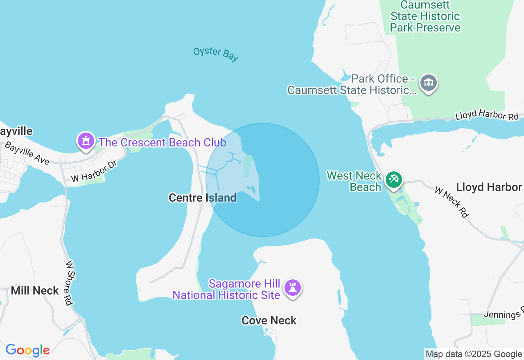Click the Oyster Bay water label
tap(216, 54)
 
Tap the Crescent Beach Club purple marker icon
tap(86, 141)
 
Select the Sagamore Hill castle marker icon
tap(292, 288)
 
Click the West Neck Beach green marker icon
tap(393, 180)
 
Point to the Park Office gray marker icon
tap(429, 83)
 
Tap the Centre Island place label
tap(203, 198)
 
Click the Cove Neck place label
tap(269, 320)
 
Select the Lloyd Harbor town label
tap(489, 187)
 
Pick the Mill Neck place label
tap(35, 291)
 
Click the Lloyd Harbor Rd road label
tap(487, 116)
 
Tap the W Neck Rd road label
tap(452, 202)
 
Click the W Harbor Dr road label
tap(94, 172)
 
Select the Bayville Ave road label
tap(27, 153)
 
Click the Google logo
tap(27, 350)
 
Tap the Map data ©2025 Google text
tap(474, 354)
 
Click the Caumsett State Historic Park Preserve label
tap(425, 16)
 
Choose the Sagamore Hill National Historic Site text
tap(226, 289)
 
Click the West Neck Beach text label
tap(354, 181)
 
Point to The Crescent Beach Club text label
tap(163, 142)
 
